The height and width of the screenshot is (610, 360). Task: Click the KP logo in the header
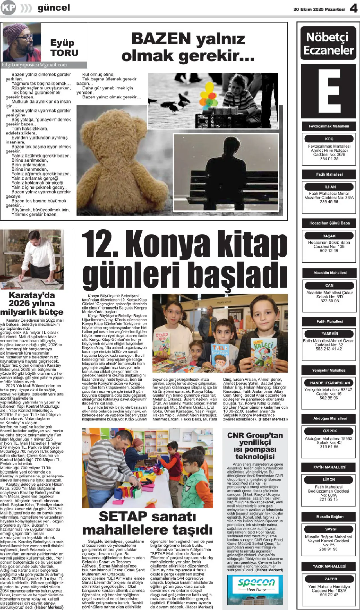point(8,8)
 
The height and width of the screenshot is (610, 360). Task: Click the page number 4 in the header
point(354,9)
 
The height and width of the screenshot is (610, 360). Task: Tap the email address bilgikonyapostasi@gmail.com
point(34,65)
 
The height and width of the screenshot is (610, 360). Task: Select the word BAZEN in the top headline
point(161,39)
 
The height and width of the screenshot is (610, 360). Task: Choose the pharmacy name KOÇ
point(329,139)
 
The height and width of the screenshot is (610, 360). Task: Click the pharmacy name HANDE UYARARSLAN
point(330,383)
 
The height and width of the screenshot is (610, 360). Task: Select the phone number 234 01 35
point(329,159)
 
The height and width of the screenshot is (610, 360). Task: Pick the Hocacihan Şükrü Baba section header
point(329,223)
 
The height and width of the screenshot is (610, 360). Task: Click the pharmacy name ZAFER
point(331,579)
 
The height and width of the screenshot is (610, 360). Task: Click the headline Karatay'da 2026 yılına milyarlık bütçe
point(32,304)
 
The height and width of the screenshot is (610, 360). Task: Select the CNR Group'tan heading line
point(255,435)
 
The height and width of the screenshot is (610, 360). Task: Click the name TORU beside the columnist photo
point(64,53)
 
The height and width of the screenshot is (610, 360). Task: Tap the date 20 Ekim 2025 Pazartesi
point(319,9)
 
